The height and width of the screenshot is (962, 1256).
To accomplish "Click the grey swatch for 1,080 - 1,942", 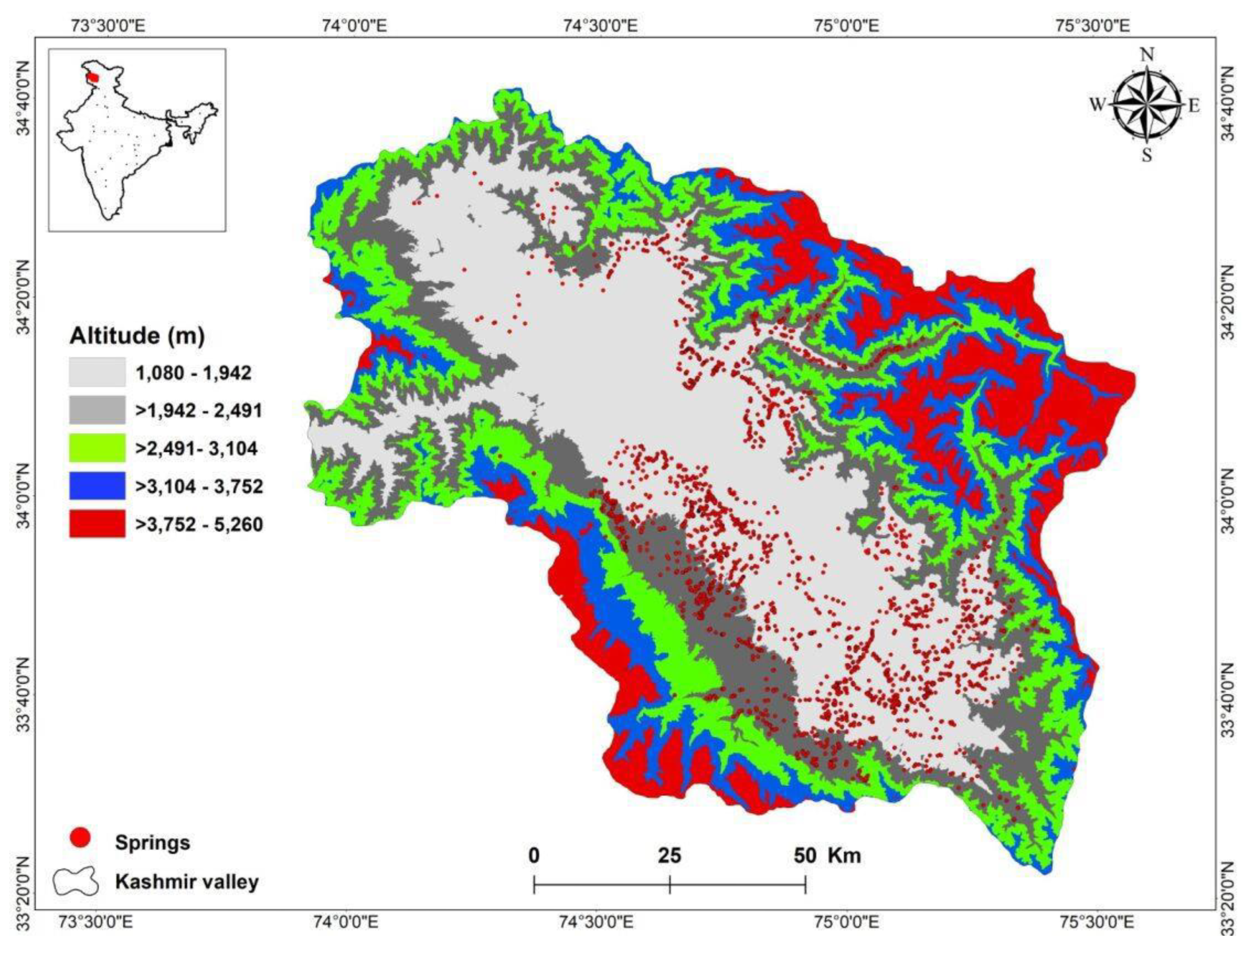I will click(x=97, y=372).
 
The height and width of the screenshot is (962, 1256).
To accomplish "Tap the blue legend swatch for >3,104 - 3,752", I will click(x=97, y=486).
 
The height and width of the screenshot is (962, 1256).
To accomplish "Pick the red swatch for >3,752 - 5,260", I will click(x=97, y=523).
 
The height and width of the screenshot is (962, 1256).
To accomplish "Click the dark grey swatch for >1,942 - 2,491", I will click(x=97, y=410).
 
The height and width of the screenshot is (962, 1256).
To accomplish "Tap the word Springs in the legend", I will click(x=152, y=842).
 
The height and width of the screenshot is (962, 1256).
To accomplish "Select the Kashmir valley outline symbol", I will click(x=76, y=882).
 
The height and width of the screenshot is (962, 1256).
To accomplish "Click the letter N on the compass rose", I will click(x=1147, y=55).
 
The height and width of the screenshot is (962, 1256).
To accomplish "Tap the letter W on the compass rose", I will click(x=1097, y=105).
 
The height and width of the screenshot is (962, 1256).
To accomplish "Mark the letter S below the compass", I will click(x=1147, y=155).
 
